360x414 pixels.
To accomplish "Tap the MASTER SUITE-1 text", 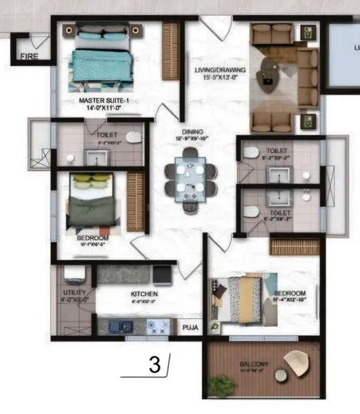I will click(x=103, y=101).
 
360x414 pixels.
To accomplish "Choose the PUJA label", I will click(x=190, y=329).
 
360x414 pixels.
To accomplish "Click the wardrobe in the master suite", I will click(x=170, y=52).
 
